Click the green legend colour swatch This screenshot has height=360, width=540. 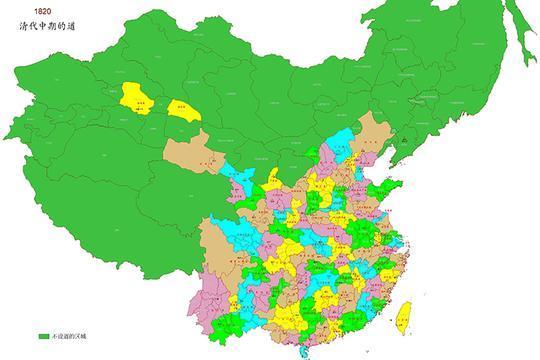pyautogui.click(x=43, y=336)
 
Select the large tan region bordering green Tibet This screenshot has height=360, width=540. pyautogui.click(x=214, y=250)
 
